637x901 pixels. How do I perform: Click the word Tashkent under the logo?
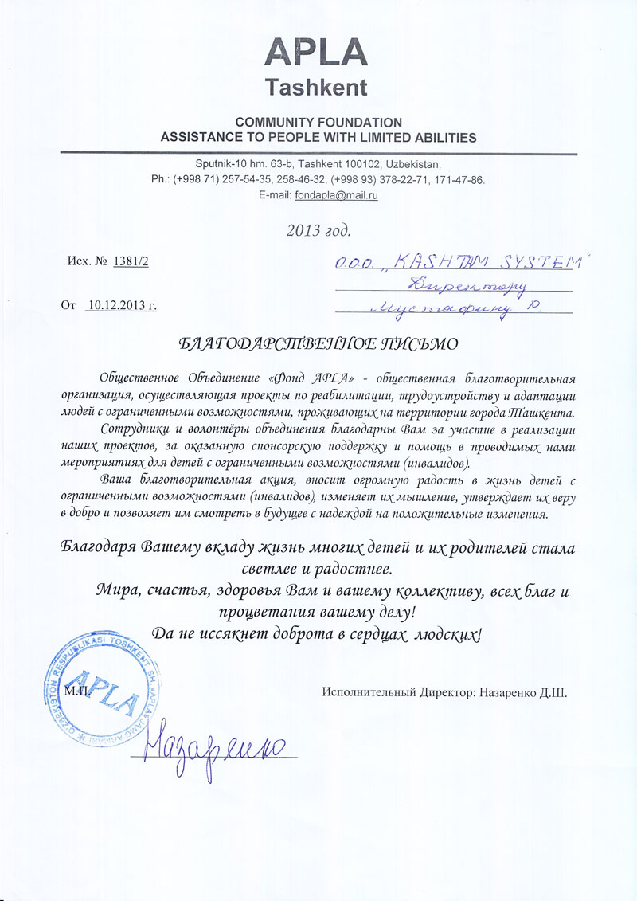point(316,88)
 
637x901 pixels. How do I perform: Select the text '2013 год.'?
point(318,231)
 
